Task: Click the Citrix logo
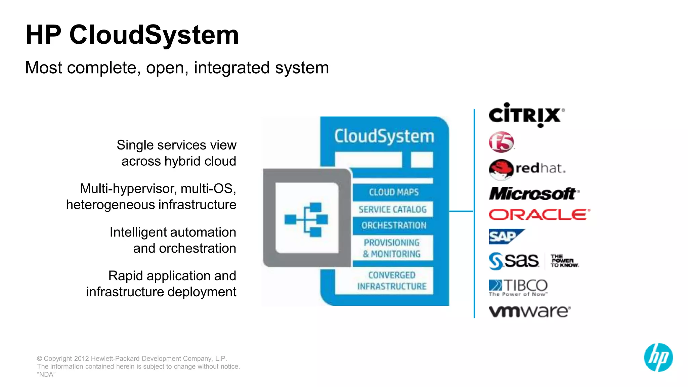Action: [526, 115]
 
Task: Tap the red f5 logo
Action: [501, 142]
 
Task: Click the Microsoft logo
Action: [533, 194]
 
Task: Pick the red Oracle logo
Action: [539, 215]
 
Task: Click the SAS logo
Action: [533, 261]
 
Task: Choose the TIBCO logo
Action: [518, 287]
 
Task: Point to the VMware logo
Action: [529, 311]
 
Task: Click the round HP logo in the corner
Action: [658, 357]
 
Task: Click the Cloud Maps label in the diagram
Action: [394, 192]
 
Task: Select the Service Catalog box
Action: [392, 209]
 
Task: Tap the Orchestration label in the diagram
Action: [394, 225]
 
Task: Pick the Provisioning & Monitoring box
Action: [392, 248]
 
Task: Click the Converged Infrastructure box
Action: [392, 281]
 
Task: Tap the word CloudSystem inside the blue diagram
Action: [384, 136]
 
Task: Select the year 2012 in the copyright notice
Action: [81, 358]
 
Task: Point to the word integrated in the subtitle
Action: [232, 68]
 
